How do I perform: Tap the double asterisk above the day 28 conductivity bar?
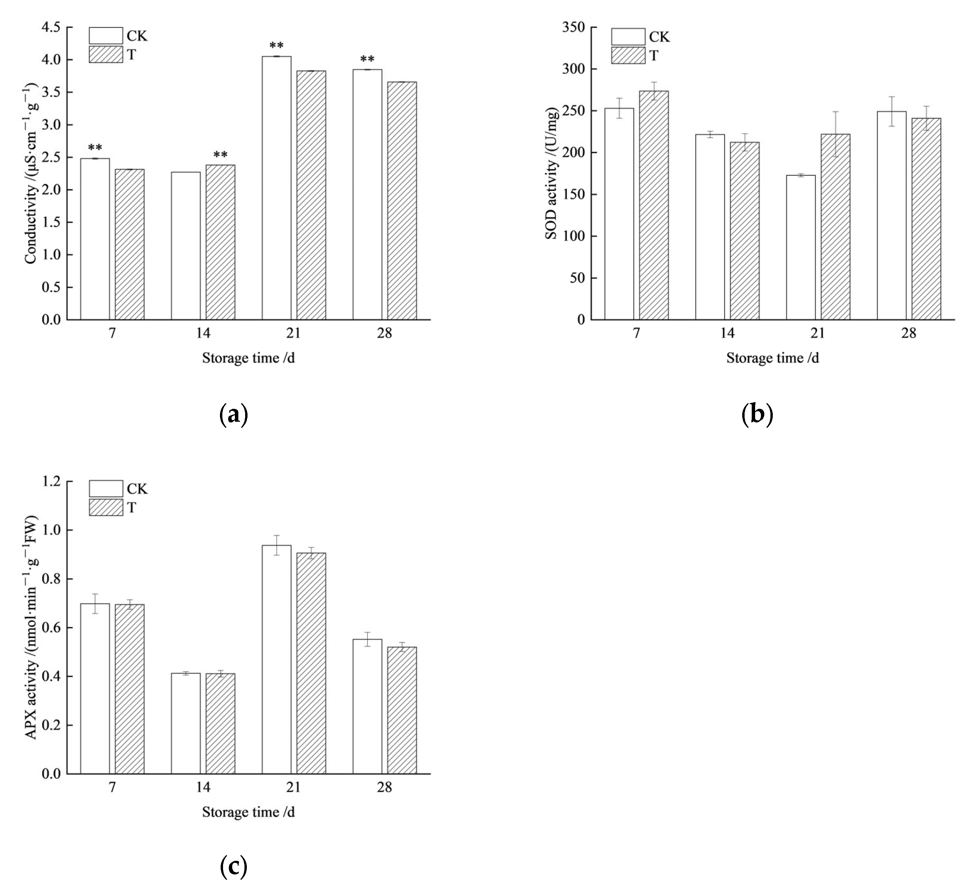pos(367,60)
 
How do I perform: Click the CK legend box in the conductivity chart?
pos(106,36)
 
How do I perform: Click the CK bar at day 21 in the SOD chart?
pos(801,247)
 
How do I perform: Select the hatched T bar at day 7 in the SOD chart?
pos(653,205)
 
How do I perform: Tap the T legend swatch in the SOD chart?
pos(628,55)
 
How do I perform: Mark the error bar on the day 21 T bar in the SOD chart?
pos(835,134)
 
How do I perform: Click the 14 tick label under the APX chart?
pos(203,787)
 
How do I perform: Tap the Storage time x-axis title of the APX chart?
pos(248,812)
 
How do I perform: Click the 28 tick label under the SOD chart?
pos(908,333)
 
